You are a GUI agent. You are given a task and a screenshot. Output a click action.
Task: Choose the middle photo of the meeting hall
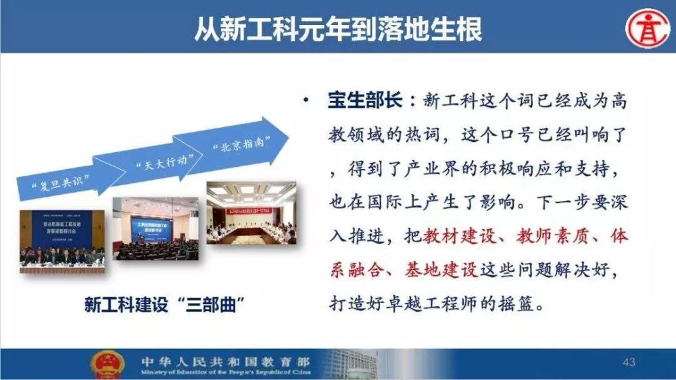tap(156, 229)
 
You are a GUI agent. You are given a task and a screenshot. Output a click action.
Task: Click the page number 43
tap(629, 363)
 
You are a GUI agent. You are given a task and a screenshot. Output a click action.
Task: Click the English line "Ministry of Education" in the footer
tap(223, 373)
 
